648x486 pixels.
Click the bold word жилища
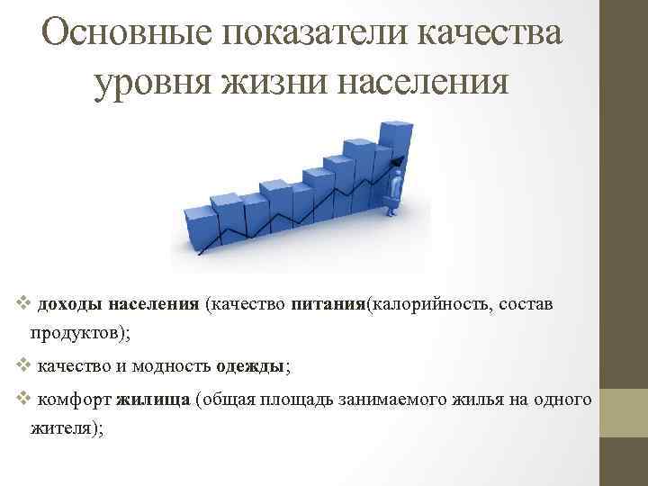152,399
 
